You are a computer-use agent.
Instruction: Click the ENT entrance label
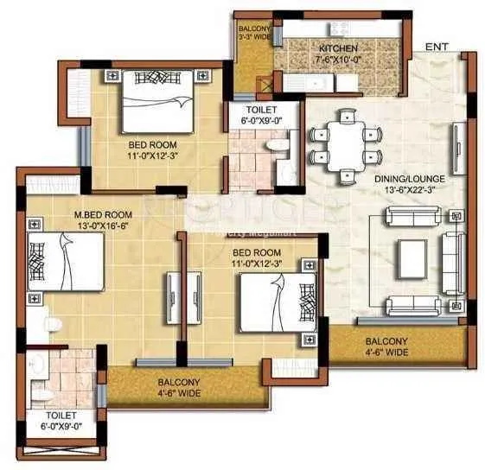[x=437, y=46]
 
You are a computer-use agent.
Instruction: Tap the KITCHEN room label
[x=337, y=48]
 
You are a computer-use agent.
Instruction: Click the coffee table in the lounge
[x=411, y=257]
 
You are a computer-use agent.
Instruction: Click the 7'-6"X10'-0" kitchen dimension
[x=337, y=60]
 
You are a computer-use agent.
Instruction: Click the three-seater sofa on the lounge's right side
[x=451, y=257]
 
